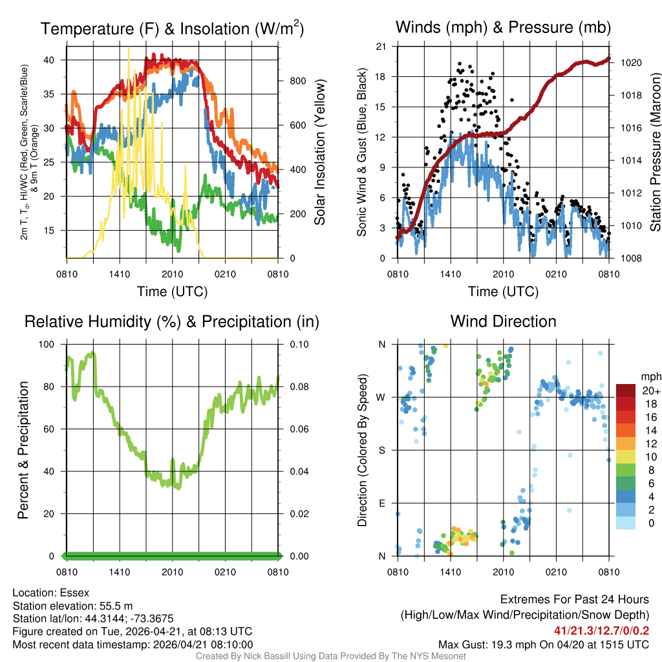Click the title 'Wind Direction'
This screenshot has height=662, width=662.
pyautogui.click(x=503, y=321)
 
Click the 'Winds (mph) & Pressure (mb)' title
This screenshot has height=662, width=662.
pyautogui.click(x=503, y=27)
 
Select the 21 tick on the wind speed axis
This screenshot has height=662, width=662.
pyautogui.click(x=381, y=47)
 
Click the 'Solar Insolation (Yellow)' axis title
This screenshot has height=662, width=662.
pyautogui.click(x=319, y=152)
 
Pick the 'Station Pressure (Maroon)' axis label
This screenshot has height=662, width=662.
pyautogui.click(x=654, y=152)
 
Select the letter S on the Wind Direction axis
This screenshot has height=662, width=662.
pyautogui.click(x=381, y=450)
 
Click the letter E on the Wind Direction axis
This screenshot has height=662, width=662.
pyautogui.click(x=381, y=503)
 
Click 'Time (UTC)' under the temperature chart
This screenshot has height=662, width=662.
pyautogui.click(x=172, y=292)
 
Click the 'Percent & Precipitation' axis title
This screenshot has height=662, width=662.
pyautogui.click(x=23, y=450)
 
